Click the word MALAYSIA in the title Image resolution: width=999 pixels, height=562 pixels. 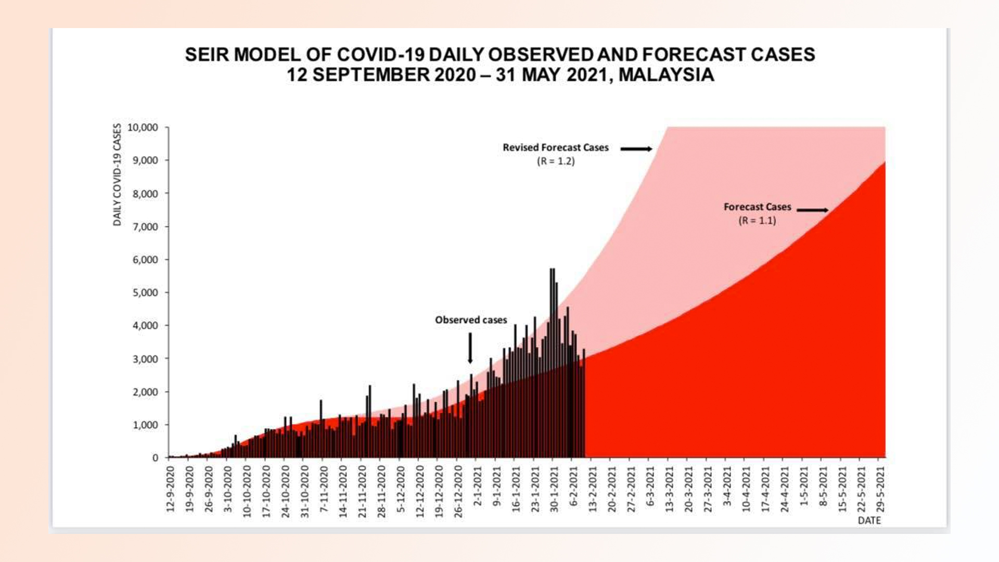666,75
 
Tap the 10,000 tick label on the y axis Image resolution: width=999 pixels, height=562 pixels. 143,127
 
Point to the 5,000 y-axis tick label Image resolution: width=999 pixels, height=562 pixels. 145,292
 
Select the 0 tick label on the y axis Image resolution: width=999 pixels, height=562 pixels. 155,458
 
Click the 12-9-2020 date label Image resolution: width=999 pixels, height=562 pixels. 171,489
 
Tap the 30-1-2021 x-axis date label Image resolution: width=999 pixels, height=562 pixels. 554,489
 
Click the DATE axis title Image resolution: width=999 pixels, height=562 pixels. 869,520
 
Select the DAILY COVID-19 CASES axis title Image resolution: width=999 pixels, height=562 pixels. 117,175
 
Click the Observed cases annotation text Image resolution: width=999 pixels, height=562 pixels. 471,320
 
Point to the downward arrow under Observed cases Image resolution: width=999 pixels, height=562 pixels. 470,348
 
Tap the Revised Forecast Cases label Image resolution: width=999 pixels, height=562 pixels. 555,148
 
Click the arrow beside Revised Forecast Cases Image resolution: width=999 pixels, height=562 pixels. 636,149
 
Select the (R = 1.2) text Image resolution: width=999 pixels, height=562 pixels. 556,161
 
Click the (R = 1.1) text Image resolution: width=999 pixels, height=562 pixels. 757,221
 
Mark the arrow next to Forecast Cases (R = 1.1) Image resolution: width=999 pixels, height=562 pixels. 812,210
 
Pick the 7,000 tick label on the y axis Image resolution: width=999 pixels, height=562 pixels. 145,227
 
